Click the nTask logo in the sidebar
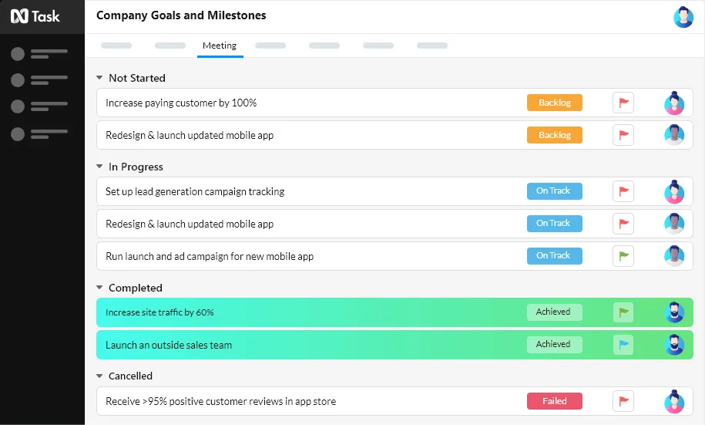[35, 16]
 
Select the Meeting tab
[220, 46]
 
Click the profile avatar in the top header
[683, 17]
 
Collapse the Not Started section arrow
[99, 78]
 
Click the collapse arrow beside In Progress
[99, 167]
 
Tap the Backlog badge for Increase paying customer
[555, 103]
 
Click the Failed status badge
[555, 401]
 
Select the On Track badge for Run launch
[555, 256]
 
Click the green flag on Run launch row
[623, 256]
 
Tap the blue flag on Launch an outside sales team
[623, 345]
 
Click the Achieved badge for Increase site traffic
[555, 312]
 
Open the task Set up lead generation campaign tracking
[195, 192]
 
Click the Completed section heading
[136, 288]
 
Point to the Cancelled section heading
[130, 376]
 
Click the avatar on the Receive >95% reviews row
[674, 401]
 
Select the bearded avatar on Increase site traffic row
[674, 312]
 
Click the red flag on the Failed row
[623, 401]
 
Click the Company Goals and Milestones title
[181, 15]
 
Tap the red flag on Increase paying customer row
[623, 103]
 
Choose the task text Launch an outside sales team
[169, 346]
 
